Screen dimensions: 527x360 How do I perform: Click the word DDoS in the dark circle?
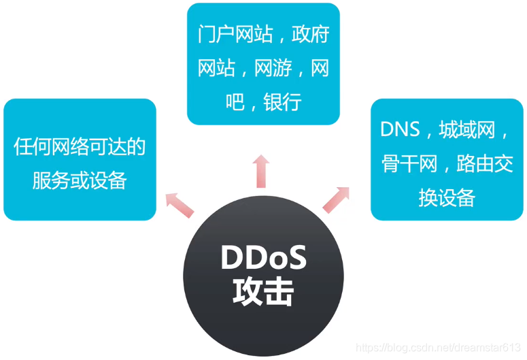coord(263,259)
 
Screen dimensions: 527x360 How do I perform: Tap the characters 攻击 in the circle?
coord(263,293)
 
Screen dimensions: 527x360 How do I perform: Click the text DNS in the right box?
coord(400,129)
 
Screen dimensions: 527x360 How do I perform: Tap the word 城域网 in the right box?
coord(467,129)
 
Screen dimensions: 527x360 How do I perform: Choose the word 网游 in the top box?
coord(273,68)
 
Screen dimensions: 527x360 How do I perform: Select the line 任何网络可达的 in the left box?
coord(80,146)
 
